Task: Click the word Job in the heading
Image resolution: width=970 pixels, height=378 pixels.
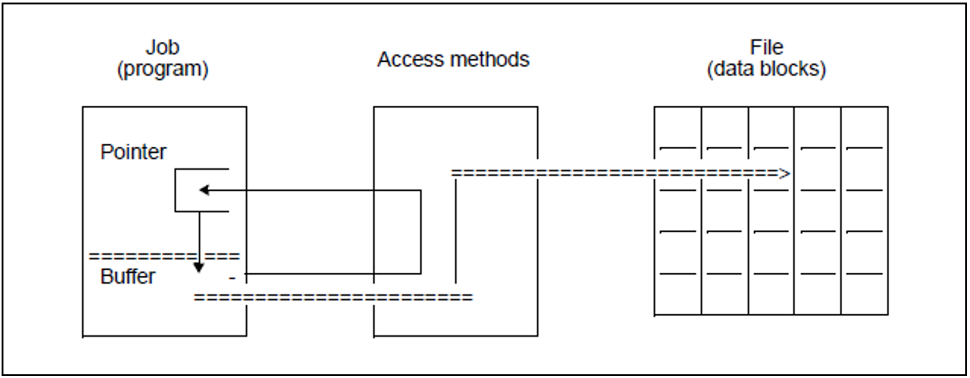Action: point(162,48)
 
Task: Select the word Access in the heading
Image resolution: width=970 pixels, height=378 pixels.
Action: point(409,60)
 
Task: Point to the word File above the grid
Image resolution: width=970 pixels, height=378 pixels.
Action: point(766,48)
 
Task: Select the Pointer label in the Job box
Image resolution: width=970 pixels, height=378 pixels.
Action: point(133,152)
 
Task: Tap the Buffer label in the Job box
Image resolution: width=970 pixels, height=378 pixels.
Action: point(127,276)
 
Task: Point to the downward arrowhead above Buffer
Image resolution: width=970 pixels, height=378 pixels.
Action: point(199,268)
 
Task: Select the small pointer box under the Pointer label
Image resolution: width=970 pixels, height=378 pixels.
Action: point(202,190)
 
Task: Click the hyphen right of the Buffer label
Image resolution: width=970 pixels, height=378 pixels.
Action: point(232,278)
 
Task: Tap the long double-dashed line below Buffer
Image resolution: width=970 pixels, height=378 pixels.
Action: point(333,297)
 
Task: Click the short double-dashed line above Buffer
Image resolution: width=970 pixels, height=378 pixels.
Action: point(164,257)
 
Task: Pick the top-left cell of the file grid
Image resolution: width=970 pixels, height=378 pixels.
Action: point(678,127)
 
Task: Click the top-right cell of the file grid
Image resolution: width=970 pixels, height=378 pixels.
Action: point(864,127)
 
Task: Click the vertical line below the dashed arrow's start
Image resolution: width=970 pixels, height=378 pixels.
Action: point(455,230)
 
